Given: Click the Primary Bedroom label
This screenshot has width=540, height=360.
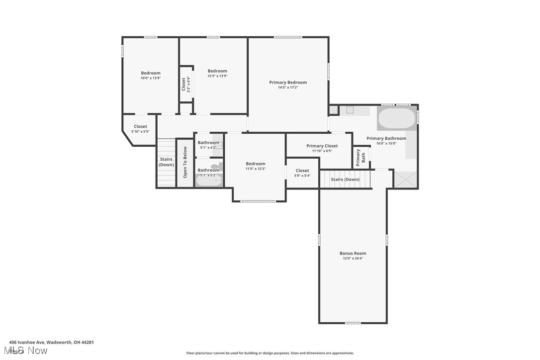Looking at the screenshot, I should pyautogui.click(x=288, y=83).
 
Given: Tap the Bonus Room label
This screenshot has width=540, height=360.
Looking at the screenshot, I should pyautogui.click(x=353, y=253).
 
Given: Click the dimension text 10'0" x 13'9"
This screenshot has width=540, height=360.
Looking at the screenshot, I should pyautogui.click(x=150, y=78).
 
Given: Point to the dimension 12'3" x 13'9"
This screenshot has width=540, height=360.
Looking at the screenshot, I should pyautogui.click(x=217, y=76).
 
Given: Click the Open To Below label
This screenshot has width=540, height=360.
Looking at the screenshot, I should pyautogui.click(x=185, y=162).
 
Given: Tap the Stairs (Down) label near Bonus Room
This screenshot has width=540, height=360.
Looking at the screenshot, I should pyautogui.click(x=345, y=180).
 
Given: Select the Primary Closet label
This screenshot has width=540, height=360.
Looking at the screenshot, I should pyautogui.click(x=322, y=146).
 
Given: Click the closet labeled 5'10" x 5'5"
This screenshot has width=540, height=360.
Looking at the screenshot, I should pyautogui.click(x=140, y=129).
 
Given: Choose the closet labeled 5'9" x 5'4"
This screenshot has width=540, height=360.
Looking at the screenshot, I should pyautogui.click(x=302, y=173).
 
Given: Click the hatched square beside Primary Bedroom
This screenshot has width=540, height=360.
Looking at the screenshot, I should pyautogui.click(x=333, y=110).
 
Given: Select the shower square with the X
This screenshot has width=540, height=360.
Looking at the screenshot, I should pyautogui.click(x=406, y=179).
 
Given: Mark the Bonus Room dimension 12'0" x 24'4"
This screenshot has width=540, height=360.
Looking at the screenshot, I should pyautogui.click(x=353, y=259).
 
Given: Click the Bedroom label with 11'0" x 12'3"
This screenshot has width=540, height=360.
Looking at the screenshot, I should pyautogui.click(x=256, y=164).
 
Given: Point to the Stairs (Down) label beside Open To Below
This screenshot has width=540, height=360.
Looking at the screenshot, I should pyautogui.click(x=166, y=162).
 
